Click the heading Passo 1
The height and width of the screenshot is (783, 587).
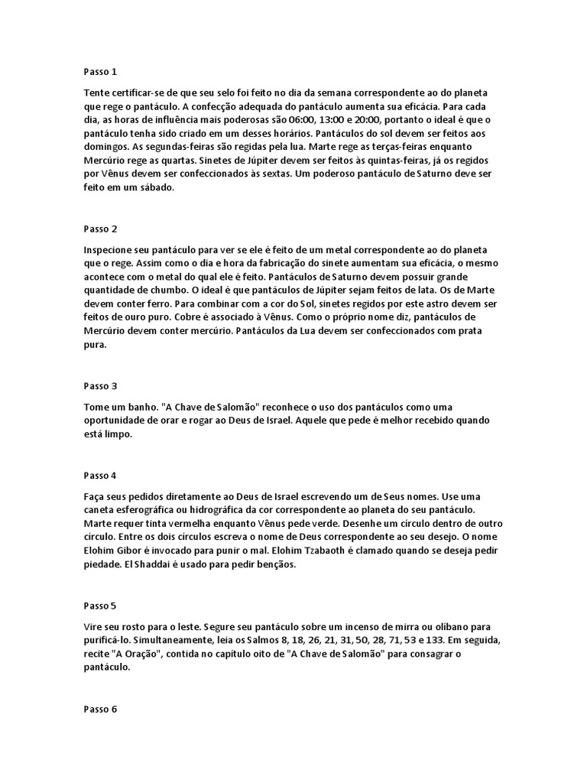[100, 72]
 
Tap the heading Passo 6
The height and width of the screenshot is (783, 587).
[100, 709]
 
